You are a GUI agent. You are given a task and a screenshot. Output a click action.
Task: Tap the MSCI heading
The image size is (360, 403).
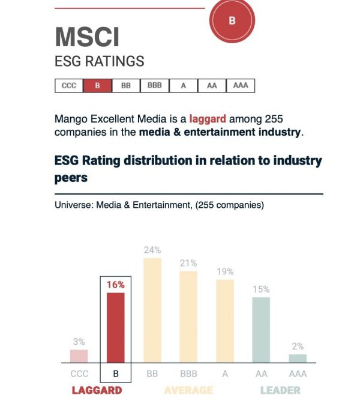[87, 38]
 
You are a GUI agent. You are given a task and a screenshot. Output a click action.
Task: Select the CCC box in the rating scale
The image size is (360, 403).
[69, 86]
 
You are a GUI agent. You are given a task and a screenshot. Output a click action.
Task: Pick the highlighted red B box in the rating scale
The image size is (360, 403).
[97, 86]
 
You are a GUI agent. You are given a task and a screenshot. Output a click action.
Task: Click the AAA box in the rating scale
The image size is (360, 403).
[241, 86]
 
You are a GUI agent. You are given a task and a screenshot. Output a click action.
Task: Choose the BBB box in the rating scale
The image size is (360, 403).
[155, 86]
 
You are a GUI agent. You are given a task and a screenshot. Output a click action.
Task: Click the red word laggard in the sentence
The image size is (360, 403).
[208, 119]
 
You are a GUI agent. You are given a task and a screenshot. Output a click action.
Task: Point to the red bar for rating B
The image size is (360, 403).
[116, 327]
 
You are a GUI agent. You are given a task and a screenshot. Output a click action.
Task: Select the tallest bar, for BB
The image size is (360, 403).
[152, 311]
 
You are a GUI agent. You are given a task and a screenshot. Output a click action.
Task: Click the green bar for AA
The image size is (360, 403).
[261, 330]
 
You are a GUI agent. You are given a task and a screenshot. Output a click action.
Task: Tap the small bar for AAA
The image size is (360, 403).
[298, 359]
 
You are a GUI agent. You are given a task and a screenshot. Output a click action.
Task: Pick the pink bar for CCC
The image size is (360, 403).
[79, 356]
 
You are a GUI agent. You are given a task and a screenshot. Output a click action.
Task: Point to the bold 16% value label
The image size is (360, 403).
[116, 285]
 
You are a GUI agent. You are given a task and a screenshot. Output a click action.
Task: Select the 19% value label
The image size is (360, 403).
[225, 271]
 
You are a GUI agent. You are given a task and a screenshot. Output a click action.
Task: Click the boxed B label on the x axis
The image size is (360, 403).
[116, 374]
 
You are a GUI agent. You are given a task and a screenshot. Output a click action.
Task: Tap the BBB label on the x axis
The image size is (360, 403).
[188, 374]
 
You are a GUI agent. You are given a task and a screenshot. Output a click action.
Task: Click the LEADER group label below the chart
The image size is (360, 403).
[280, 390]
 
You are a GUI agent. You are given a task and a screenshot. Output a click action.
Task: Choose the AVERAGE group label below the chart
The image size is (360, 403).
[188, 390]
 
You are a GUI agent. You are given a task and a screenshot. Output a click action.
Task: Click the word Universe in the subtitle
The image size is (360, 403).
[71, 205]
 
